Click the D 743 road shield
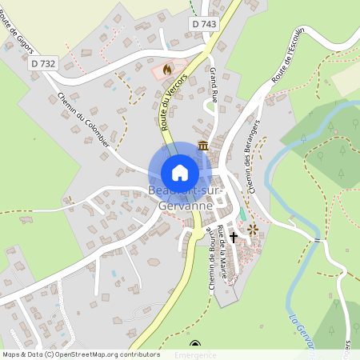(204, 25)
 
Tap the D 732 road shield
(45, 62)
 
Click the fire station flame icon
(166, 70)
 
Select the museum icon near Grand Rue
(203, 146)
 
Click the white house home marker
(180, 173)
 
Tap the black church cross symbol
(234, 237)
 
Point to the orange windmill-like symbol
(254, 230)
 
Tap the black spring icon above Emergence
(193, 345)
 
